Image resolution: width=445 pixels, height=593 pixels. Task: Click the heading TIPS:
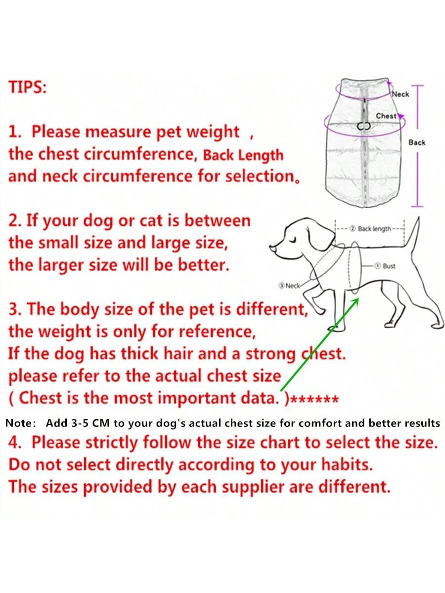coord(28,87)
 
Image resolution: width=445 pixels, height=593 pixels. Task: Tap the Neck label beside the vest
coord(400,94)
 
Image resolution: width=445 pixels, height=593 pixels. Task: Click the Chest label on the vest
coord(386,116)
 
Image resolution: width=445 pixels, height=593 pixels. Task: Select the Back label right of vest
coord(417,142)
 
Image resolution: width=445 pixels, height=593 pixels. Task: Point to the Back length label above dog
coord(374,229)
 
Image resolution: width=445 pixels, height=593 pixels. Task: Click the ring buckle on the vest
coord(364,126)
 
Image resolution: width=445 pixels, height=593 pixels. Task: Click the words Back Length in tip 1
coord(243,156)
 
